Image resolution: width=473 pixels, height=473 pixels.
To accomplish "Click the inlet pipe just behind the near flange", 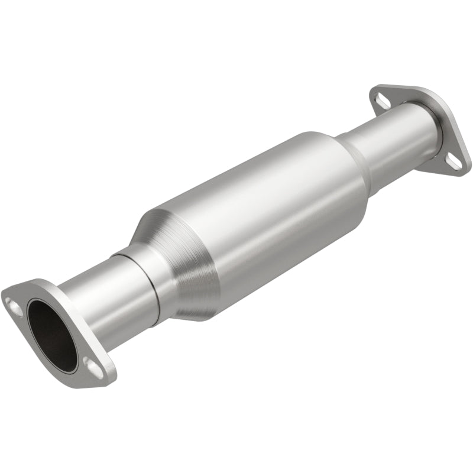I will pos(89,302).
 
